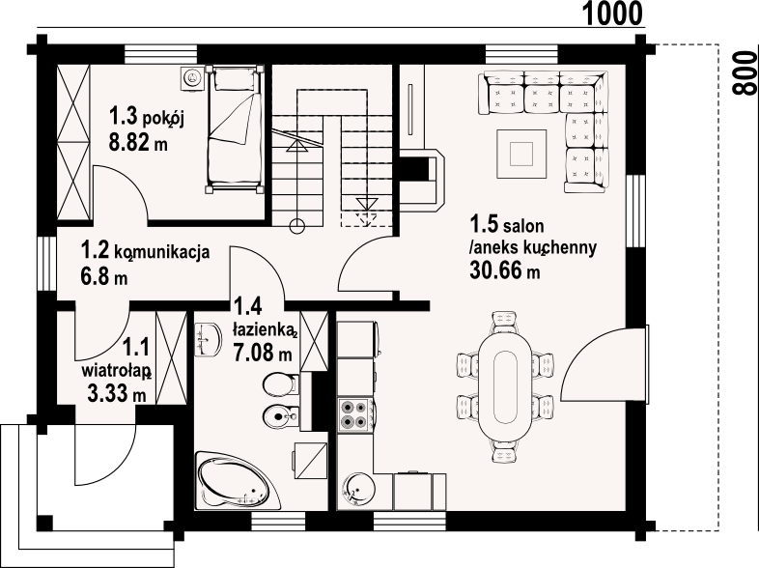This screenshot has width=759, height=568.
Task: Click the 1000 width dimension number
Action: pos(612,14)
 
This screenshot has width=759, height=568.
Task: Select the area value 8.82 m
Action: pos(138,142)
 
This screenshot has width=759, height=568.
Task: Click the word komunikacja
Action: pos(162,252)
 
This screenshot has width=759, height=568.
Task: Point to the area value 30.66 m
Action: pos(504,270)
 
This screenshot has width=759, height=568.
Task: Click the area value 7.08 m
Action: pos(263,352)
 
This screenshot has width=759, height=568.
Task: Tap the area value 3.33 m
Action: pos(117,393)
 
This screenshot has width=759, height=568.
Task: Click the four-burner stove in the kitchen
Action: pos(354,414)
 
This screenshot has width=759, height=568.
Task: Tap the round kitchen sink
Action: pos(357,488)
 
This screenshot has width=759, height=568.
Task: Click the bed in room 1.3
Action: pos(236,128)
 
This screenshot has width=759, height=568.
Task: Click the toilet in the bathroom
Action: pos(280,385)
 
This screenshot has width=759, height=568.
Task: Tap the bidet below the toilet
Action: pos(280,415)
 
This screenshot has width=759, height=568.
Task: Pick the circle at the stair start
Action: pos(297,225)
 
